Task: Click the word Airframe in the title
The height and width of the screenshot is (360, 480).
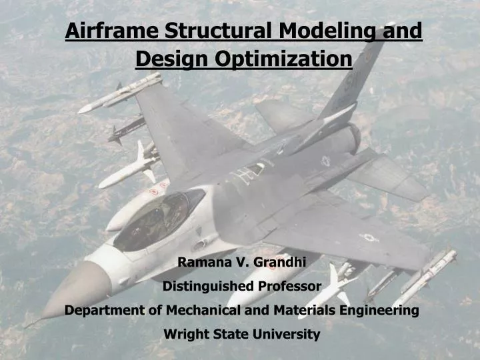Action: pyautogui.click(x=112, y=31)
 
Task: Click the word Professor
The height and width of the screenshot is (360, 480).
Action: pyautogui.click(x=291, y=287)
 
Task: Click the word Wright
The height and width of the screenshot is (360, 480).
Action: pyautogui.click(x=183, y=335)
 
